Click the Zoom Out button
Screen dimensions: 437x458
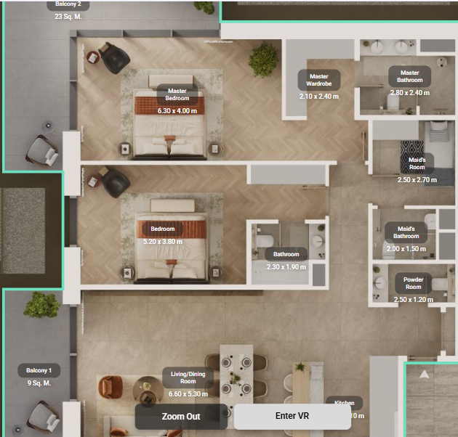[x=181, y=416]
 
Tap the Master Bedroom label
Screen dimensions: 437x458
[x=177, y=94]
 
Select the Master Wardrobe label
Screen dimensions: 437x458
[x=318, y=79]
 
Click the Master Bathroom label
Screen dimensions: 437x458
[x=409, y=76]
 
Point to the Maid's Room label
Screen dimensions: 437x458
[x=417, y=163]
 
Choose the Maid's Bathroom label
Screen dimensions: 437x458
[x=406, y=232]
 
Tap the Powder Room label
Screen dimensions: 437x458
[x=413, y=283]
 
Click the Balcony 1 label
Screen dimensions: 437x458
[x=39, y=370]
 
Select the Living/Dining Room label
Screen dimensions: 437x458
[x=188, y=377]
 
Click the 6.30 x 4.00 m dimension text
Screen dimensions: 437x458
[x=177, y=111]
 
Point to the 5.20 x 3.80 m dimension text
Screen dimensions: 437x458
[x=163, y=242]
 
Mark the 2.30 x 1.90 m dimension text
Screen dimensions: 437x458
[x=286, y=267]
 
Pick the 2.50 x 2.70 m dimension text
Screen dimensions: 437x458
[x=417, y=179]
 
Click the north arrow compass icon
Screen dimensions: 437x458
[x=425, y=375]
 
